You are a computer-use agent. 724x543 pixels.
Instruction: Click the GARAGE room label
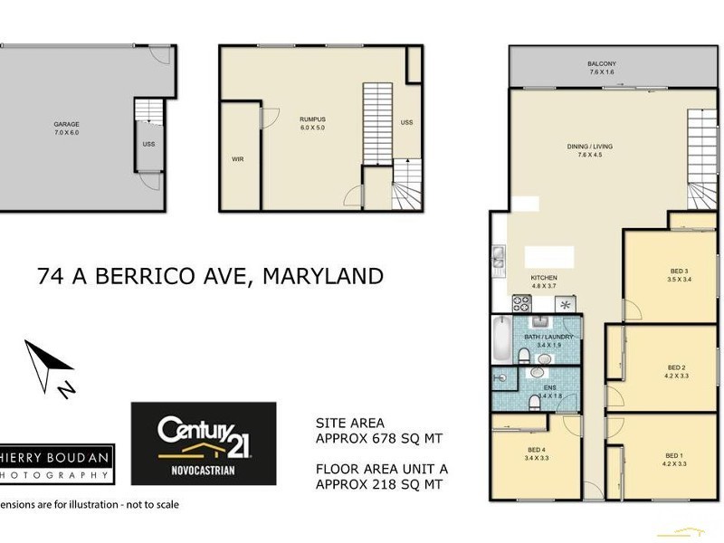click(66, 124)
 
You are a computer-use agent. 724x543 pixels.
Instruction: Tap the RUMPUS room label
click(312, 119)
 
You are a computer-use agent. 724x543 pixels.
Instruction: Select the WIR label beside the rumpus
click(238, 158)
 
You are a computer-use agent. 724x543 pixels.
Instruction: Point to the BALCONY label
click(602, 63)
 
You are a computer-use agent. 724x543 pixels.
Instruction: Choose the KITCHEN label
click(544, 277)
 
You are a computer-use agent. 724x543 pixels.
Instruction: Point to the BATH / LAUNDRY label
click(548, 337)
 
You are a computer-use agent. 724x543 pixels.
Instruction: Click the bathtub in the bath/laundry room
click(500, 338)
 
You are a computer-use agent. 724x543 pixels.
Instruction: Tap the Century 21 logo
click(204, 443)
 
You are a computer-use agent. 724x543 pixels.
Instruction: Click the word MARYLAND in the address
click(322, 276)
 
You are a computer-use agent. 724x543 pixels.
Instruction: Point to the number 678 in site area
click(388, 439)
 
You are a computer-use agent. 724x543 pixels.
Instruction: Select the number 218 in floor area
click(388, 484)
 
